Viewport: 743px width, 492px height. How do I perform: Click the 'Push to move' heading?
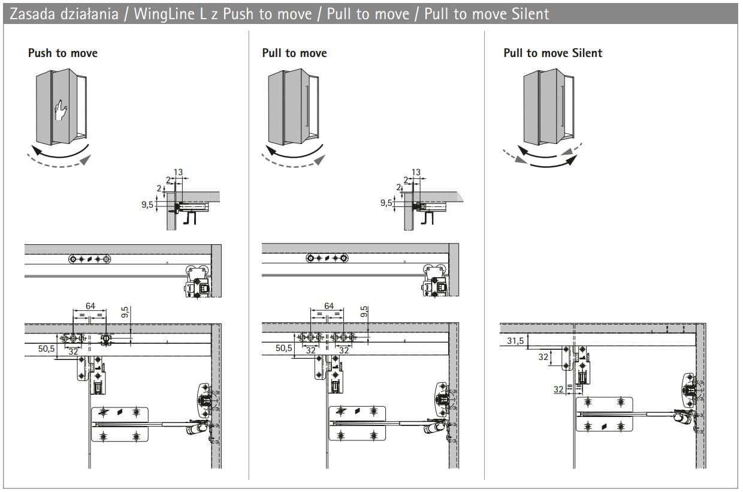click(x=62, y=53)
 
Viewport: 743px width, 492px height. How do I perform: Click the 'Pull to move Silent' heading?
click(x=552, y=53)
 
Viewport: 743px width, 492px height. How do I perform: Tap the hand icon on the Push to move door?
click(x=61, y=110)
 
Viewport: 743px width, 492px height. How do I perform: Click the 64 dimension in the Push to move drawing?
click(x=90, y=306)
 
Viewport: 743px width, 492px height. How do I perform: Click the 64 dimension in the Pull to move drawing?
click(x=328, y=306)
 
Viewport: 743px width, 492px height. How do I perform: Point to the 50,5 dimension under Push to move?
click(x=46, y=349)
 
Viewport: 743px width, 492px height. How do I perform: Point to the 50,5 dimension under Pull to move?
click(x=284, y=349)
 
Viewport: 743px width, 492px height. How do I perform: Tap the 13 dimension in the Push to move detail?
click(x=178, y=173)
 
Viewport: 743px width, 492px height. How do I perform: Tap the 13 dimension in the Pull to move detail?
click(x=415, y=173)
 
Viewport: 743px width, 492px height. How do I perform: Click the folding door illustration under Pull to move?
click(x=293, y=108)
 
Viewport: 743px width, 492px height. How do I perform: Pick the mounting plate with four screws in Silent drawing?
click(x=605, y=414)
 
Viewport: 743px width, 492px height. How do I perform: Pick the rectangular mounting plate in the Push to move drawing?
click(x=120, y=424)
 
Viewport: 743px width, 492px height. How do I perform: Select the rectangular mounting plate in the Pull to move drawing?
click(x=357, y=424)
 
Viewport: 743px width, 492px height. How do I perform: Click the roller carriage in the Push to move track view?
click(x=198, y=282)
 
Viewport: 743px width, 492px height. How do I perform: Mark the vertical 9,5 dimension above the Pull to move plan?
click(x=365, y=311)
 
